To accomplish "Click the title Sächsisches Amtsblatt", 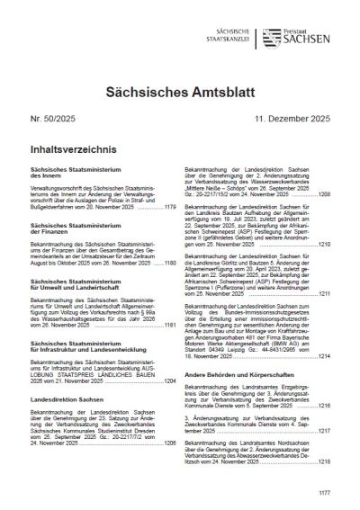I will tap(180, 86).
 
